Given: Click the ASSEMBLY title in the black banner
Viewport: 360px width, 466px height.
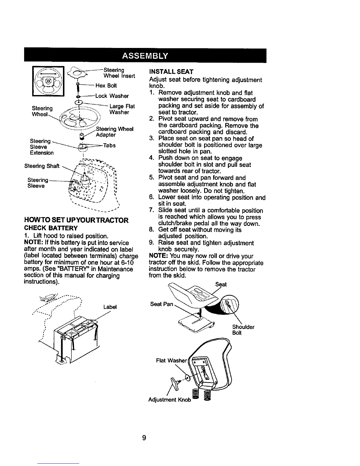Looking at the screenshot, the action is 145,56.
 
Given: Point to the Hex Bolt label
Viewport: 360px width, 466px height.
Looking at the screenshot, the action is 106,86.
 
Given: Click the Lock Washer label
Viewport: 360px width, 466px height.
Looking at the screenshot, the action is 112,96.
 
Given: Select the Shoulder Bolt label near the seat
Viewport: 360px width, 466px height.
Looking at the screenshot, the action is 243,330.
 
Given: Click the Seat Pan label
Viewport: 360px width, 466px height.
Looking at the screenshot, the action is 162,304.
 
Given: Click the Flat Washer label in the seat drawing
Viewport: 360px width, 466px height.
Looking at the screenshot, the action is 171,360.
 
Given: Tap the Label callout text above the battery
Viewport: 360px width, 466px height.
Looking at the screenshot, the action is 110,307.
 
